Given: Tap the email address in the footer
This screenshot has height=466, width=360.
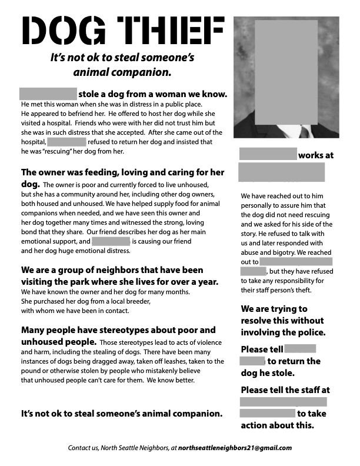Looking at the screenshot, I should click(235, 448).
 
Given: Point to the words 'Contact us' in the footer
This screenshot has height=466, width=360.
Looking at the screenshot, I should click(83, 448).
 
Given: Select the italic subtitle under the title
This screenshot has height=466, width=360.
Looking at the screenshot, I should click(122, 65).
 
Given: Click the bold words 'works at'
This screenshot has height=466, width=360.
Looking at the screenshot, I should click(316, 155).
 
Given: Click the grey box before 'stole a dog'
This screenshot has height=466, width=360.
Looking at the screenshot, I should click(48, 94).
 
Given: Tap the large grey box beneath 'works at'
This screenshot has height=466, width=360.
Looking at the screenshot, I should click(281, 172).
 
